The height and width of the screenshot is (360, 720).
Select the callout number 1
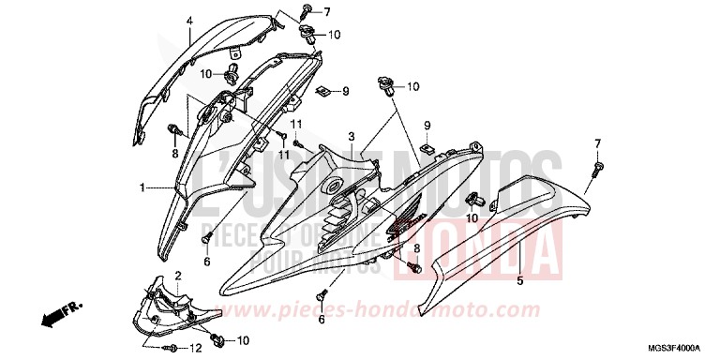pyautogui.click(x=142, y=187)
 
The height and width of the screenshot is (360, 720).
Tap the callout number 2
pyautogui.click(x=177, y=274)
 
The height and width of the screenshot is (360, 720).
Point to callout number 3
pyautogui.click(x=352, y=137)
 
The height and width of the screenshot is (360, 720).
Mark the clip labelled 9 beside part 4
pyautogui.click(x=322, y=91)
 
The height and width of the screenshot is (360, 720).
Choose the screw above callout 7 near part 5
pyautogui.click(x=596, y=169)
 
